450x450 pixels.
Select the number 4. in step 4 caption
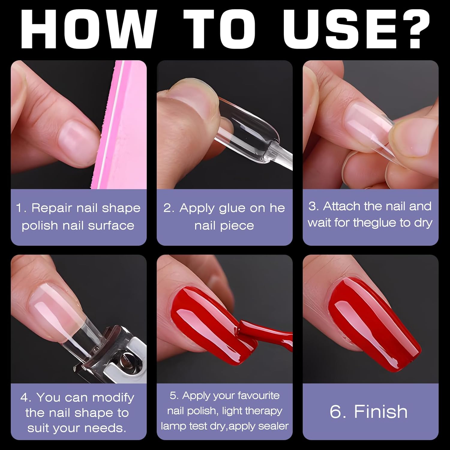tap(26, 397)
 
